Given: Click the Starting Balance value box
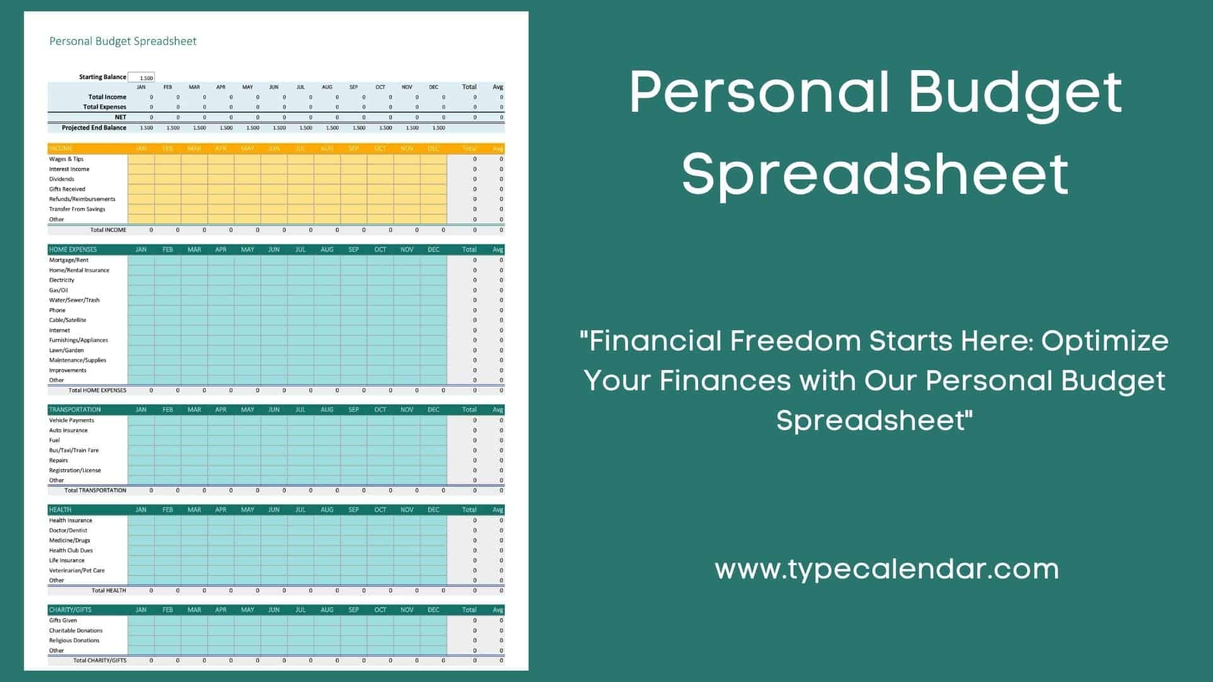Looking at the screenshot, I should tap(142, 78).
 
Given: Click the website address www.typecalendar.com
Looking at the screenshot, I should tap(886, 569).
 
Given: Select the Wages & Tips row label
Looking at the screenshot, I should tap(66, 159).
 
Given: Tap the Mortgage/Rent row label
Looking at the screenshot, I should tap(69, 260).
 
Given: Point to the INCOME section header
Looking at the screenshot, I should tap(61, 149).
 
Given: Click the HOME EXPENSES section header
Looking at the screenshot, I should tap(73, 249).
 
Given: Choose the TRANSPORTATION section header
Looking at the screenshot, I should tap(75, 410).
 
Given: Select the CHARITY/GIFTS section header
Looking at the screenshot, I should tap(70, 610).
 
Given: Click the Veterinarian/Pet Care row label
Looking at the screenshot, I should tap(77, 571).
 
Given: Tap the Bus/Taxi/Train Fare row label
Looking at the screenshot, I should tap(74, 451).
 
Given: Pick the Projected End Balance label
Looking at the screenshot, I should tap(94, 128).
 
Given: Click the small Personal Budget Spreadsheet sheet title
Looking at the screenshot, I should tap(123, 42).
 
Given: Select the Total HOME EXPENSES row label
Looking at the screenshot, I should tap(97, 391).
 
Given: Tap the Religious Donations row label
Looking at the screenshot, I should tap(74, 641).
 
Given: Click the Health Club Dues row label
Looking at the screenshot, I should tap(71, 551).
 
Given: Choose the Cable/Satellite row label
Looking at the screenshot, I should tap(68, 320).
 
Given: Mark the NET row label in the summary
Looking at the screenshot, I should tap(121, 117).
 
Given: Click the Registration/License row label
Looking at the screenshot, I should tap(75, 470).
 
